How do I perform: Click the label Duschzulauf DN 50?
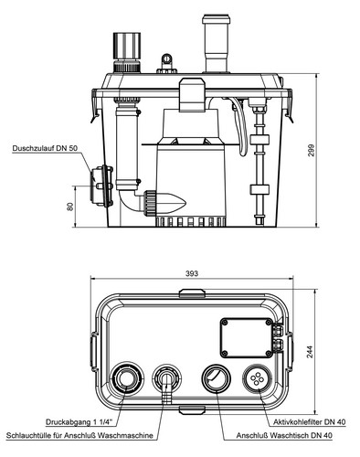[x=45, y=148]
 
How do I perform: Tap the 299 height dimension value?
[x=311, y=150]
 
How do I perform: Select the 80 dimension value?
[x=69, y=207]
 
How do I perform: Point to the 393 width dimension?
[x=192, y=273]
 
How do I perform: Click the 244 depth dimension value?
[x=310, y=352]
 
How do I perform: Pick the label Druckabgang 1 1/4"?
[x=79, y=422]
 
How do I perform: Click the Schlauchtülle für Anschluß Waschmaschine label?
[x=79, y=435]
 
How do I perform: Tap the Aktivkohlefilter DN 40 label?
[x=310, y=422]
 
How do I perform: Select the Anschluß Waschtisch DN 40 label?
[x=284, y=435]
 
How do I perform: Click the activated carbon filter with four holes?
[x=257, y=378]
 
